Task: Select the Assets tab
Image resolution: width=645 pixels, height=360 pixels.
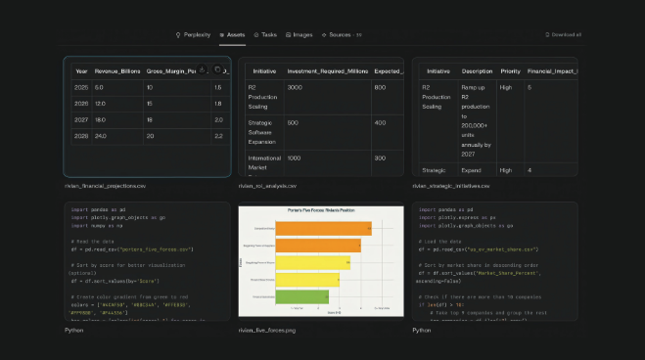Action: tap(232, 34)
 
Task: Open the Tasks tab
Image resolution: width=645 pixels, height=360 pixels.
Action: tap(265, 34)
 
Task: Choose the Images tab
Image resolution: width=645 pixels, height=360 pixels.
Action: tap(299, 34)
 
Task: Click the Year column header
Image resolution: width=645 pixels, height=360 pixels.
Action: tap(81, 70)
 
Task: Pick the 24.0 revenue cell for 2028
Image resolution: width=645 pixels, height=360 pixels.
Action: tap(100, 135)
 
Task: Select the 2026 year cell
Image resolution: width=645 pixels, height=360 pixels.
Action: tap(81, 103)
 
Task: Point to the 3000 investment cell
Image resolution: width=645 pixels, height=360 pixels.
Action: tap(295, 88)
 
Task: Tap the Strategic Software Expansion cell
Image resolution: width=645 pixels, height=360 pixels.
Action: tap(258, 127)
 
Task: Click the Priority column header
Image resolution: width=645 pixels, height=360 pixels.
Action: tap(510, 70)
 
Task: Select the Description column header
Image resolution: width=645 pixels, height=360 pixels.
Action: tap(478, 70)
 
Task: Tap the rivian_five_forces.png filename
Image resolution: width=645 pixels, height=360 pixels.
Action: tap(266, 330)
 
